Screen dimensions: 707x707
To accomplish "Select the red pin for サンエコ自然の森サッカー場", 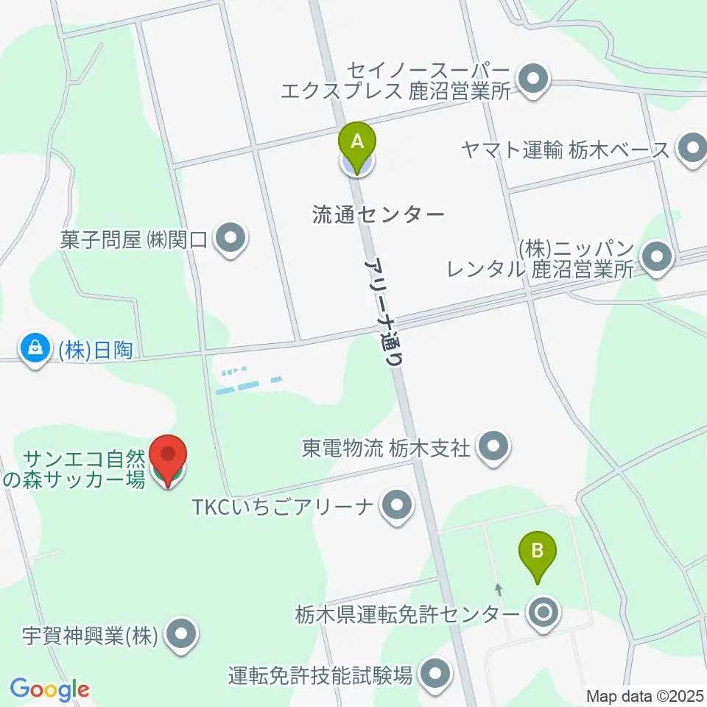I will [169, 460].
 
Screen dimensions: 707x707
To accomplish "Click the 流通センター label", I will [379, 214].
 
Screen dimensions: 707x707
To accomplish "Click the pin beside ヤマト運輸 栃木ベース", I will [692, 150].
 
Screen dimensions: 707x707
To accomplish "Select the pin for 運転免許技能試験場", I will [435, 674].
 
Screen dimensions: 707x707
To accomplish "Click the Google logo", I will [49, 690].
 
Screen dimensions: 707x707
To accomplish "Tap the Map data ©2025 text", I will [645, 696].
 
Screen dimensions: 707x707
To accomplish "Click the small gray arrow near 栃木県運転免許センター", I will [499, 589].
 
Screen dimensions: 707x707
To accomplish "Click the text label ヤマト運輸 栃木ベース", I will [566, 150].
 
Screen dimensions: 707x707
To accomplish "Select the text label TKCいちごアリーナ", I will [283, 507].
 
